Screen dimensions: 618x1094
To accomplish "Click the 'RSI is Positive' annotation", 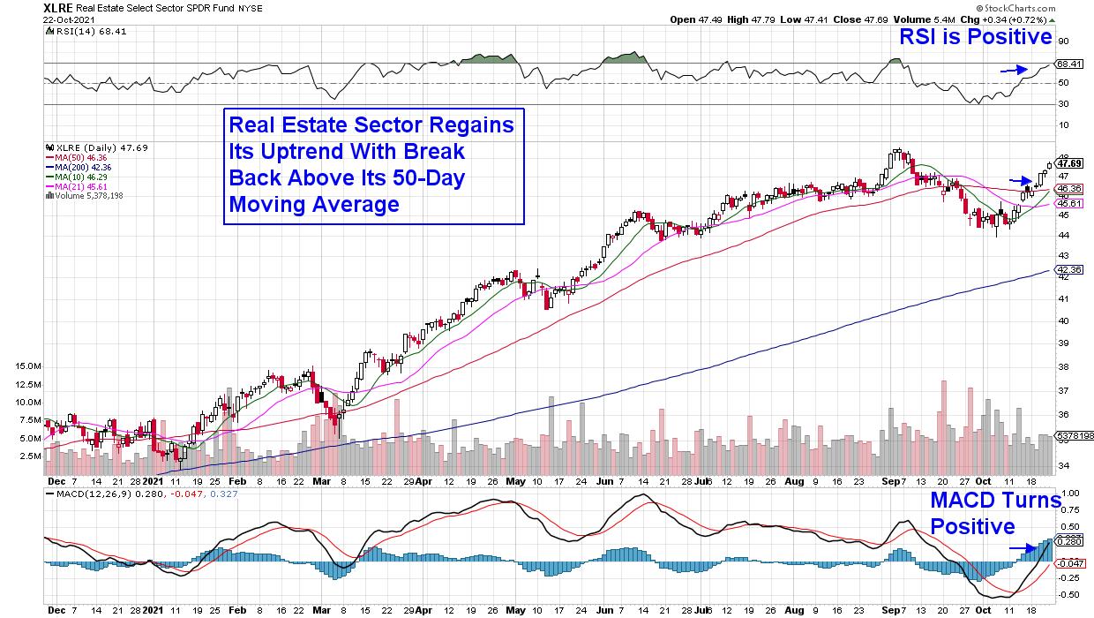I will click(x=975, y=37).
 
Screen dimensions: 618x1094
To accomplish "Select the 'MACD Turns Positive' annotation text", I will click(x=995, y=514).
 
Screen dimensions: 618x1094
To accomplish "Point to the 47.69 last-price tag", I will click(x=1069, y=163).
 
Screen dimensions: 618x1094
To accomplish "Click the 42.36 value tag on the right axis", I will click(x=1069, y=270).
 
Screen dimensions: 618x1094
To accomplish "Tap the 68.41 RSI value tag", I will click(x=1069, y=64).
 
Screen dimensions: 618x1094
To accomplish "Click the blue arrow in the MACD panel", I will click(x=1022, y=548).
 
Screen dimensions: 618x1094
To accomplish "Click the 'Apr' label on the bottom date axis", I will click(x=424, y=485).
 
